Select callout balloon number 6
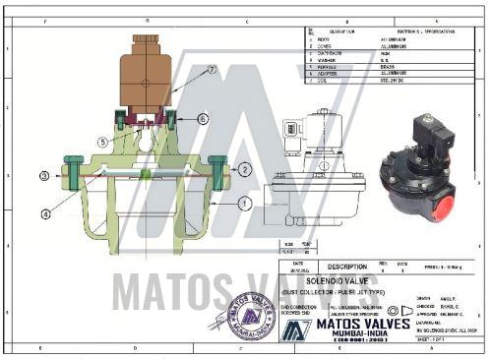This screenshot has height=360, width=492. (203, 118)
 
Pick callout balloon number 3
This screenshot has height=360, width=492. (43, 176)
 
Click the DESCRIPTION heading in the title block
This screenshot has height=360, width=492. (347, 266)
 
